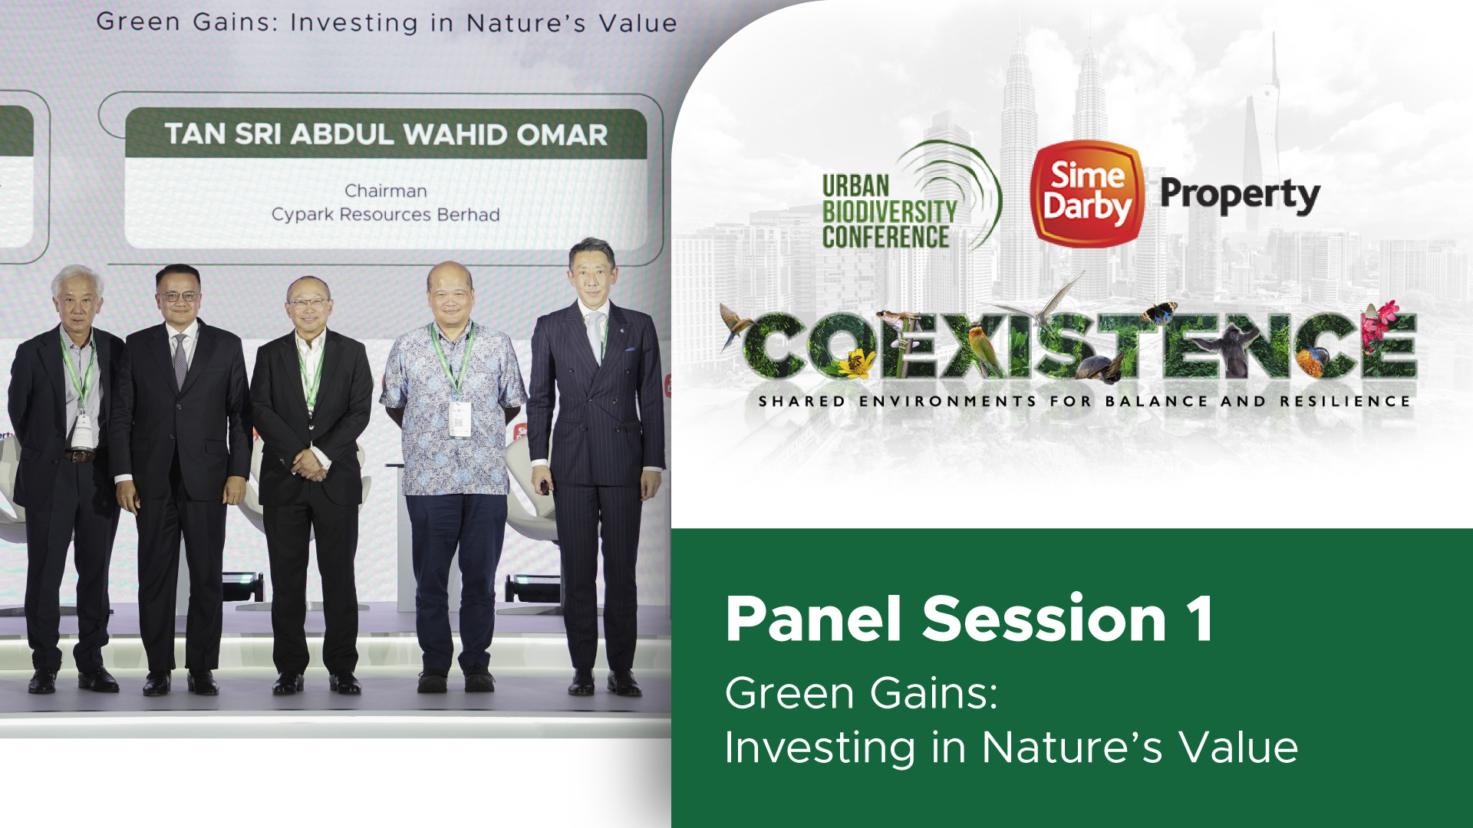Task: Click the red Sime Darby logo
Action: pyautogui.click(x=1086, y=193)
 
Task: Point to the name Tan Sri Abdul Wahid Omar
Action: pyautogui.click(x=386, y=134)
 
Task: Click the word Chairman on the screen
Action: pyautogui.click(x=386, y=190)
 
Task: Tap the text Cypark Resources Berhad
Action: pyautogui.click(x=386, y=214)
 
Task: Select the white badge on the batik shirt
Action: pyautogui.click(x=460, y=419)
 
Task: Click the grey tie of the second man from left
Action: pyautogui.click(x=180, y=360)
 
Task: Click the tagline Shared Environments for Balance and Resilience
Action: pyautogui.click(x=1084, y=401)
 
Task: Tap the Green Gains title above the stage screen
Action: pyautogui.click(x=387, y=22)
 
